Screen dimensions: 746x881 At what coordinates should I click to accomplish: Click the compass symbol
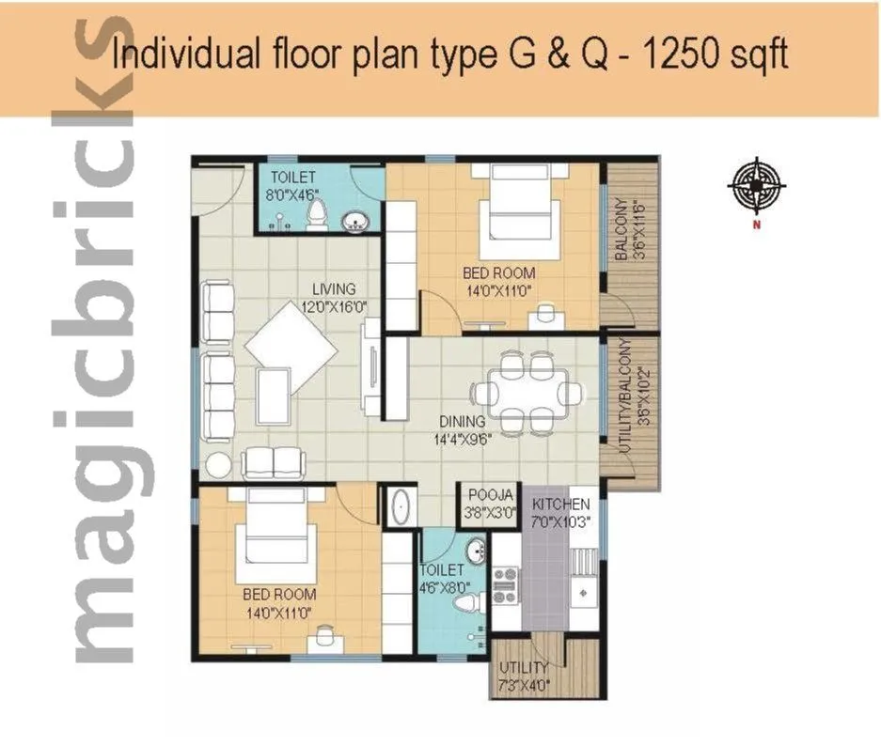click(756, 184)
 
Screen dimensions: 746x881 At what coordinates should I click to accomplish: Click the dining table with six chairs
click(527, 392)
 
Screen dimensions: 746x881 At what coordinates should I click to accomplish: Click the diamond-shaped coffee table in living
click(291, 345)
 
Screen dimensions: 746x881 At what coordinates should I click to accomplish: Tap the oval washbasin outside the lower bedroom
click(401, 508)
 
